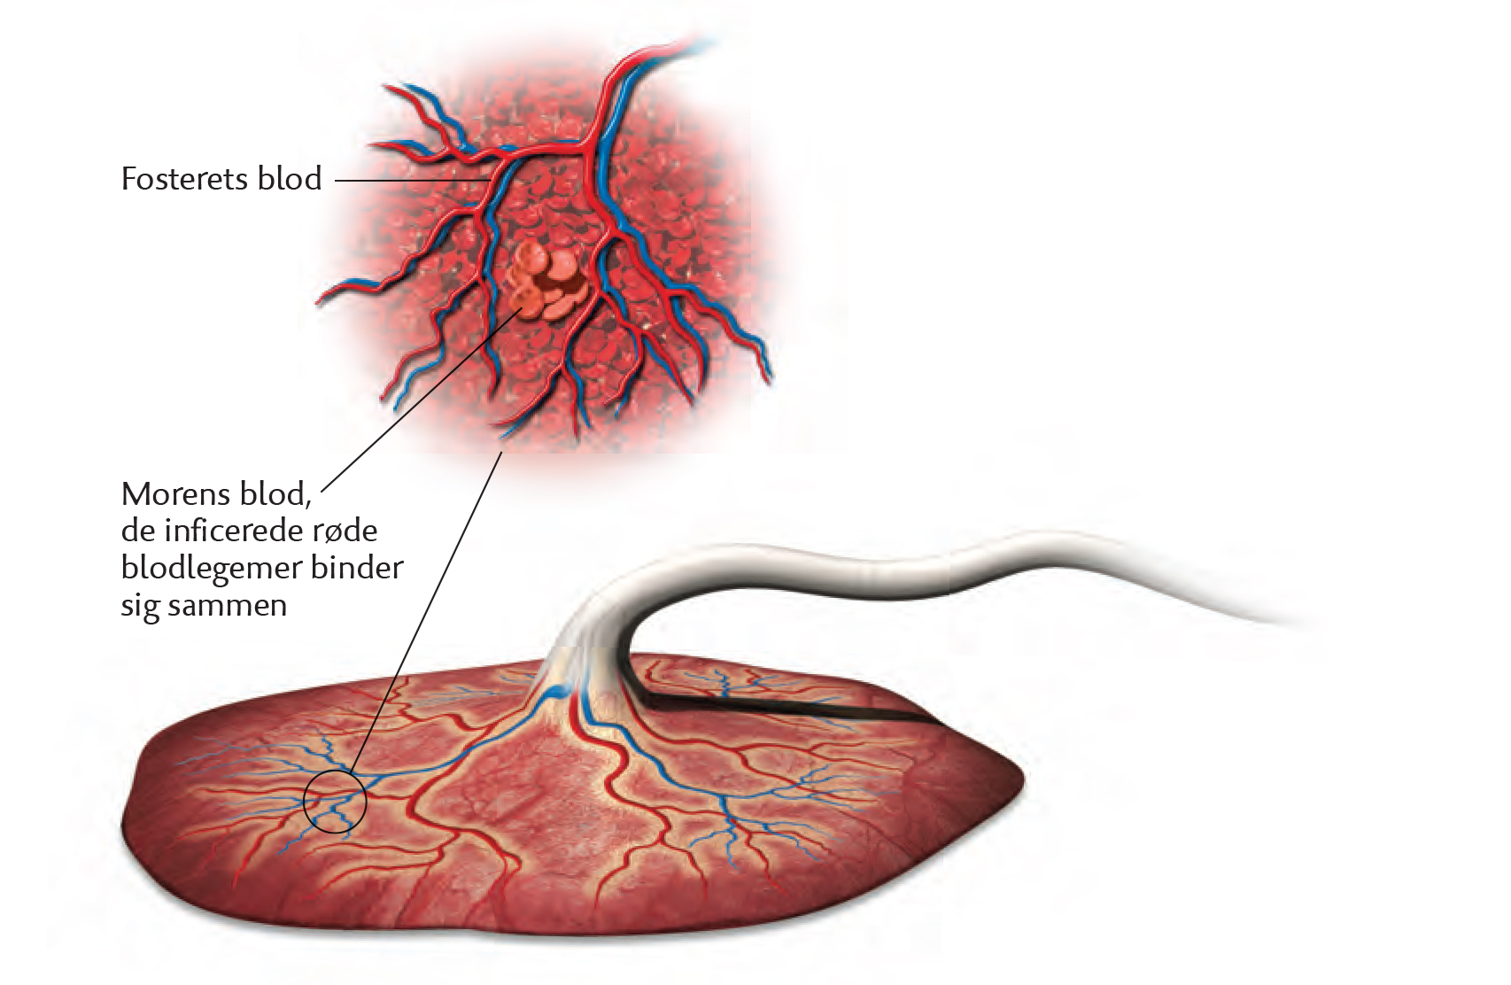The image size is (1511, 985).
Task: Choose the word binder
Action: click(x=357, y=568)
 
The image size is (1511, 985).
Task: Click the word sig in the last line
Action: click(x=140, y=607)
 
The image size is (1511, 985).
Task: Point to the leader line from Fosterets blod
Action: click(x=412, y=181)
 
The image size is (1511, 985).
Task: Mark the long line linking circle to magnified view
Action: click(x=426, y=610)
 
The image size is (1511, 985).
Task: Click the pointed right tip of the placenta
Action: click(x=1024, y=780)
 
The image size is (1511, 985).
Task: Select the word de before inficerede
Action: click(x=137, y=531)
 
